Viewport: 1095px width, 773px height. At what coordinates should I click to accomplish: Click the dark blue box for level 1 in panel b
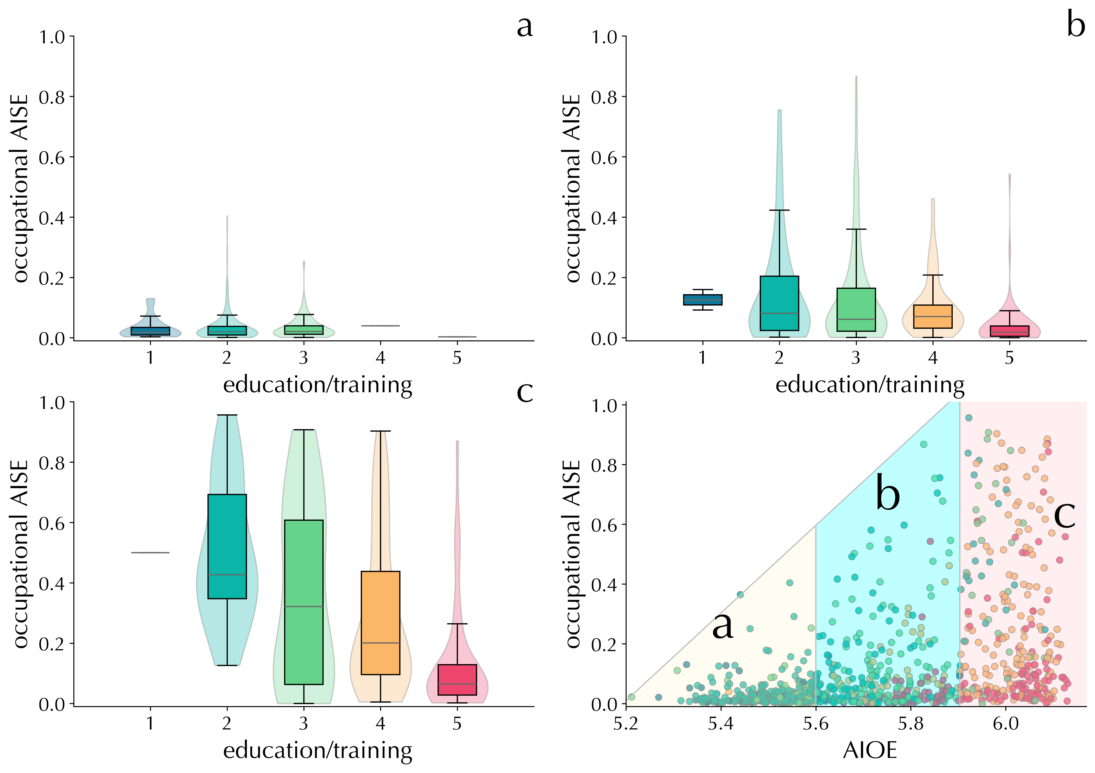(x=703, y=299)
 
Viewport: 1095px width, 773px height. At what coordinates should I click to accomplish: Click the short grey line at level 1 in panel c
(x=150, y=553)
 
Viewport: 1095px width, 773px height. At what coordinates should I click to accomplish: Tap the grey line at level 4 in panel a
(x=380, y=326)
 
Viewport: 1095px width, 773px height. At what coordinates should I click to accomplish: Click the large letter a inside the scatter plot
(x=723, y=626)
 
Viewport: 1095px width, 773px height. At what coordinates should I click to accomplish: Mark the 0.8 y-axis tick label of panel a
(x=53, y=97)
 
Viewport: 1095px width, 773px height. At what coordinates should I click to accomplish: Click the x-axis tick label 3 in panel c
(x=303, y=723)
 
